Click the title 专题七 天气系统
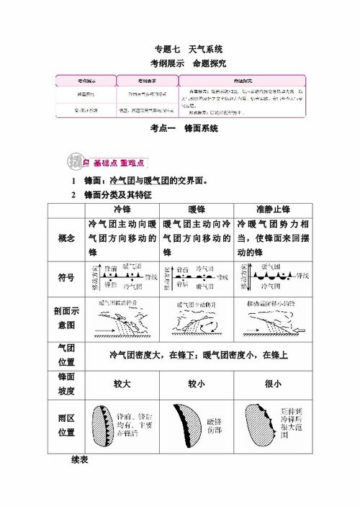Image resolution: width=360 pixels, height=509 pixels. pyautogui.click(x=189, y=49)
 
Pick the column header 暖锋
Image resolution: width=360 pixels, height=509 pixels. pyautogui.click(x=196, y=209)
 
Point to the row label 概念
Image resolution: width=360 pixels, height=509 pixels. pyautogui.click(x=66, y=239)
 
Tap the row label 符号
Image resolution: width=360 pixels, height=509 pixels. pyautogui.click(x=66, y=278)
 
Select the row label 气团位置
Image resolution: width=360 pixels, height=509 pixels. pyautogui.click(x=66, y=354)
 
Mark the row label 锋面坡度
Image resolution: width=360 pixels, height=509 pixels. pyautogui.click(x=66, y=384)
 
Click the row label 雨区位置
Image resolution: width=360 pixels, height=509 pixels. pyautogui.click(x=66, y=425)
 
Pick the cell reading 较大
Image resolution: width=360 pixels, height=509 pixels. pyautogui.click(x=122, y=384)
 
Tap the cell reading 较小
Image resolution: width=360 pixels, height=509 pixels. pyautogui.click(x=196, y=384)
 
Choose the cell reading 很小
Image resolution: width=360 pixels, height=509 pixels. pyautogui.click(x=271, y=384)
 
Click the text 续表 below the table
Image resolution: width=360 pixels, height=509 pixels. pyautogui.click(x=81, y=459)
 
